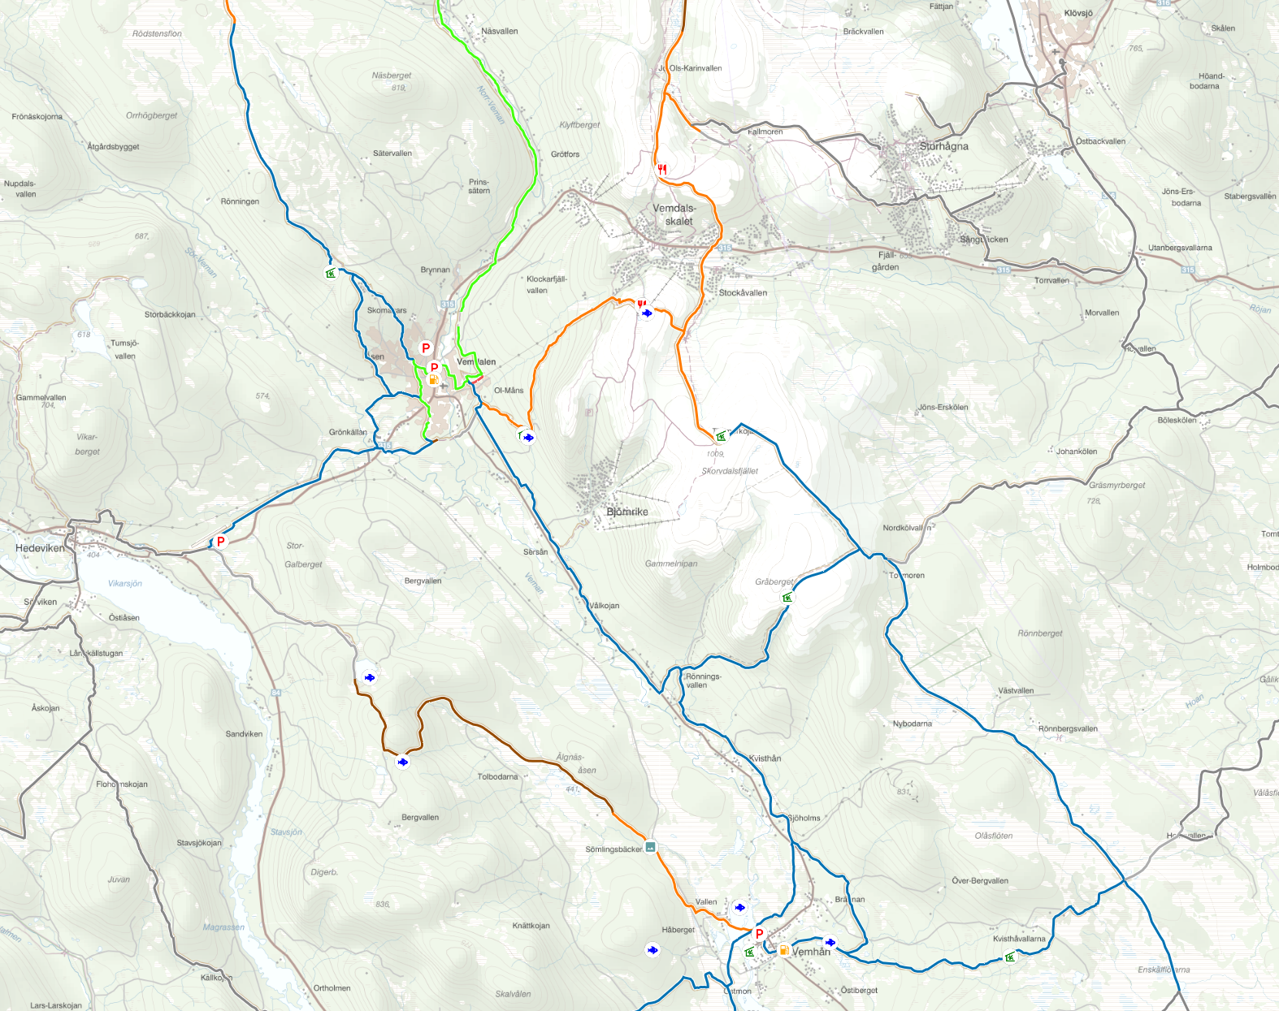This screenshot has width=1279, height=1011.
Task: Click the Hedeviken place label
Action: [40, 548]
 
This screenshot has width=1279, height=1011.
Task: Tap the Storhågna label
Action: [943, 146]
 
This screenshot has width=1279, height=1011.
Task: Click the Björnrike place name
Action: [627, 512]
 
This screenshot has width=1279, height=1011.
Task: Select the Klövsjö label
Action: [1078, 14]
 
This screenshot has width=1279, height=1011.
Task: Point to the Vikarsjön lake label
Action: [125, 583]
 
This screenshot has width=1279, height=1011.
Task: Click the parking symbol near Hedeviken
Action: [220, 542]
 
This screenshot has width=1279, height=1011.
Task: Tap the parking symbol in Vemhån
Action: [760, 934]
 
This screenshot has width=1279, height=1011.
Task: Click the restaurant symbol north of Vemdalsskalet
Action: [662, 169]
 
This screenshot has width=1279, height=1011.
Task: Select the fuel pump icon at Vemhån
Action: [784, 949]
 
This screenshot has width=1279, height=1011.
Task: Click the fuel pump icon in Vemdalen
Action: [434, 379]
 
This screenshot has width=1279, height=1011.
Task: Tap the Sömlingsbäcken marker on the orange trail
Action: [650, 847]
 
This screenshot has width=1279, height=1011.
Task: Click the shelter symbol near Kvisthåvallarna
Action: [1009, 957]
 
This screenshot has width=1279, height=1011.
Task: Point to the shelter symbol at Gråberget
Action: [787, 598]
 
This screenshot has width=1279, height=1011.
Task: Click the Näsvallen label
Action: [499, 32]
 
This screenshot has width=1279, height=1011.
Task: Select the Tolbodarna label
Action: [497, 776]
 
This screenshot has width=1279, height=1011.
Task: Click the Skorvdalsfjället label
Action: [730, 471]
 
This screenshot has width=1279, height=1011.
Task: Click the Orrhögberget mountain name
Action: [151, 115]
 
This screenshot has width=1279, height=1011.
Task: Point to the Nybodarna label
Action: [913, 724]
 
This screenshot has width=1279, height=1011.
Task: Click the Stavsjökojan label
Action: [199, 843]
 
